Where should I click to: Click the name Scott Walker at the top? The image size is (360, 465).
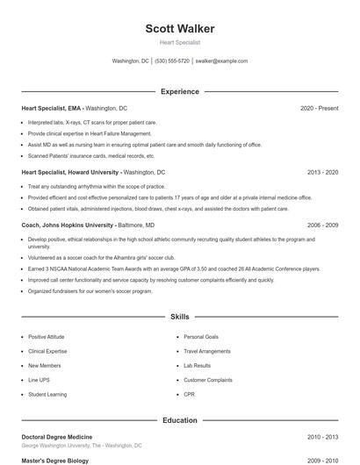pyautogui.click(x=180, y=29)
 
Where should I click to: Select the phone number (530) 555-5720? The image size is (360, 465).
pyautogui.click(x=172, y=61)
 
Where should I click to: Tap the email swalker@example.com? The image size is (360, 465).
pyautogui.click(x=221, y=61)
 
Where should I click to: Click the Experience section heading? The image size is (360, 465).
pyautogui.click(x=180, y=91)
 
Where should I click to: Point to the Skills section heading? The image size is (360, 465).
pyautogui.click(x=180, y=316)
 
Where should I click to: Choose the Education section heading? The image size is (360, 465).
pyautogui.click(x=180, y=420)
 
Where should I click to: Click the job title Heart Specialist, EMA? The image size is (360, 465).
pyautogui.click(x=52, y=108)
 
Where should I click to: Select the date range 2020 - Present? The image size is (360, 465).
pyautogui.click(x=319, y=108)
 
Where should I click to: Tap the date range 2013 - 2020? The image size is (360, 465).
pyautogui.click(x=322, y=173)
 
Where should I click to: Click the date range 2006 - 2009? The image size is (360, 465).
pyautogui.click(x=322, y=225)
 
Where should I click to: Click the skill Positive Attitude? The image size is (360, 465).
pyautogui.click(x=48, y=337)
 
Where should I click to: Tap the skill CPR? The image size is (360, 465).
pyautogui.click(x=189, y=395)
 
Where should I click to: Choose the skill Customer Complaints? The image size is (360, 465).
pyautogui.click(x=208, y=380)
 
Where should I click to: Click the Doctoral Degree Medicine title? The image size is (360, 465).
pyautogui.click(x=57, y=436)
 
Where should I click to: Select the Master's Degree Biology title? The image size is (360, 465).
pyautogui.click(x=54, y=460)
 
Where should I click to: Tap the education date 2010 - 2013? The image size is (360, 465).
pyautogui.click(x=322, y=436)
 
